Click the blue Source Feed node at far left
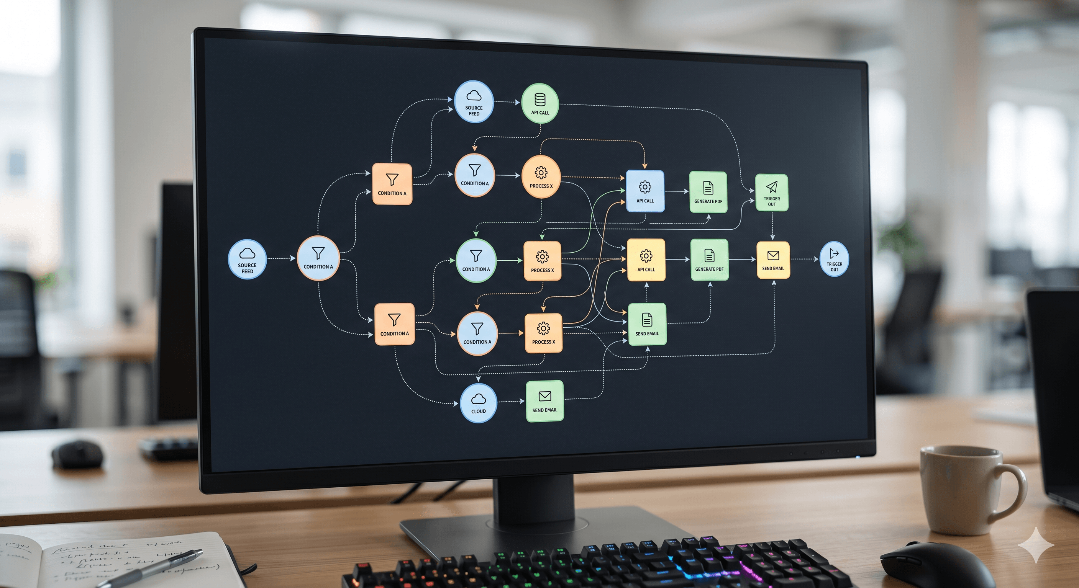[x=247, y=259]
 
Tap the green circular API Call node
[x=540, y=103]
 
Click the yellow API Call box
[x=646, y=260]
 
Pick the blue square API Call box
[x=645, y=191]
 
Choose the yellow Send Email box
[x=773, y=260]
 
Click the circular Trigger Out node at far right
[x=834, y=259]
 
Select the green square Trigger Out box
[x=772, y=193]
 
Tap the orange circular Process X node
[x=541, y=176]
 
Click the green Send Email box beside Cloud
[x=544, y=401]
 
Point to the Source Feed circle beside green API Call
[x=474, y=102]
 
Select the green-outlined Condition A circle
[x=476, y=261]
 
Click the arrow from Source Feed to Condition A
[x=282, y=259]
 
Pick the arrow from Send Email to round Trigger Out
[x=804, y=259]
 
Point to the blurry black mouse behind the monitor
[x=77, y=454]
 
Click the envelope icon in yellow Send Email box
[x=773, y=255]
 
